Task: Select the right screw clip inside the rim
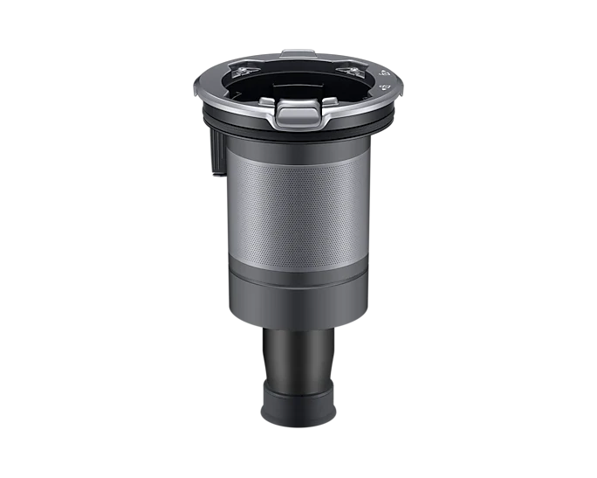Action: click(352, 71)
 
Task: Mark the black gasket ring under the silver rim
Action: click(297, 135)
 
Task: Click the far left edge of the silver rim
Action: click(194, 87)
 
